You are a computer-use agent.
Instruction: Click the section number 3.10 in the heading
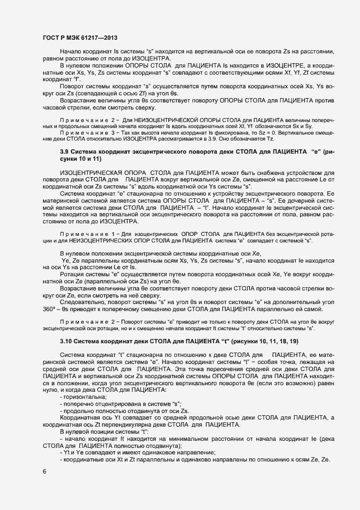(66, 340)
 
